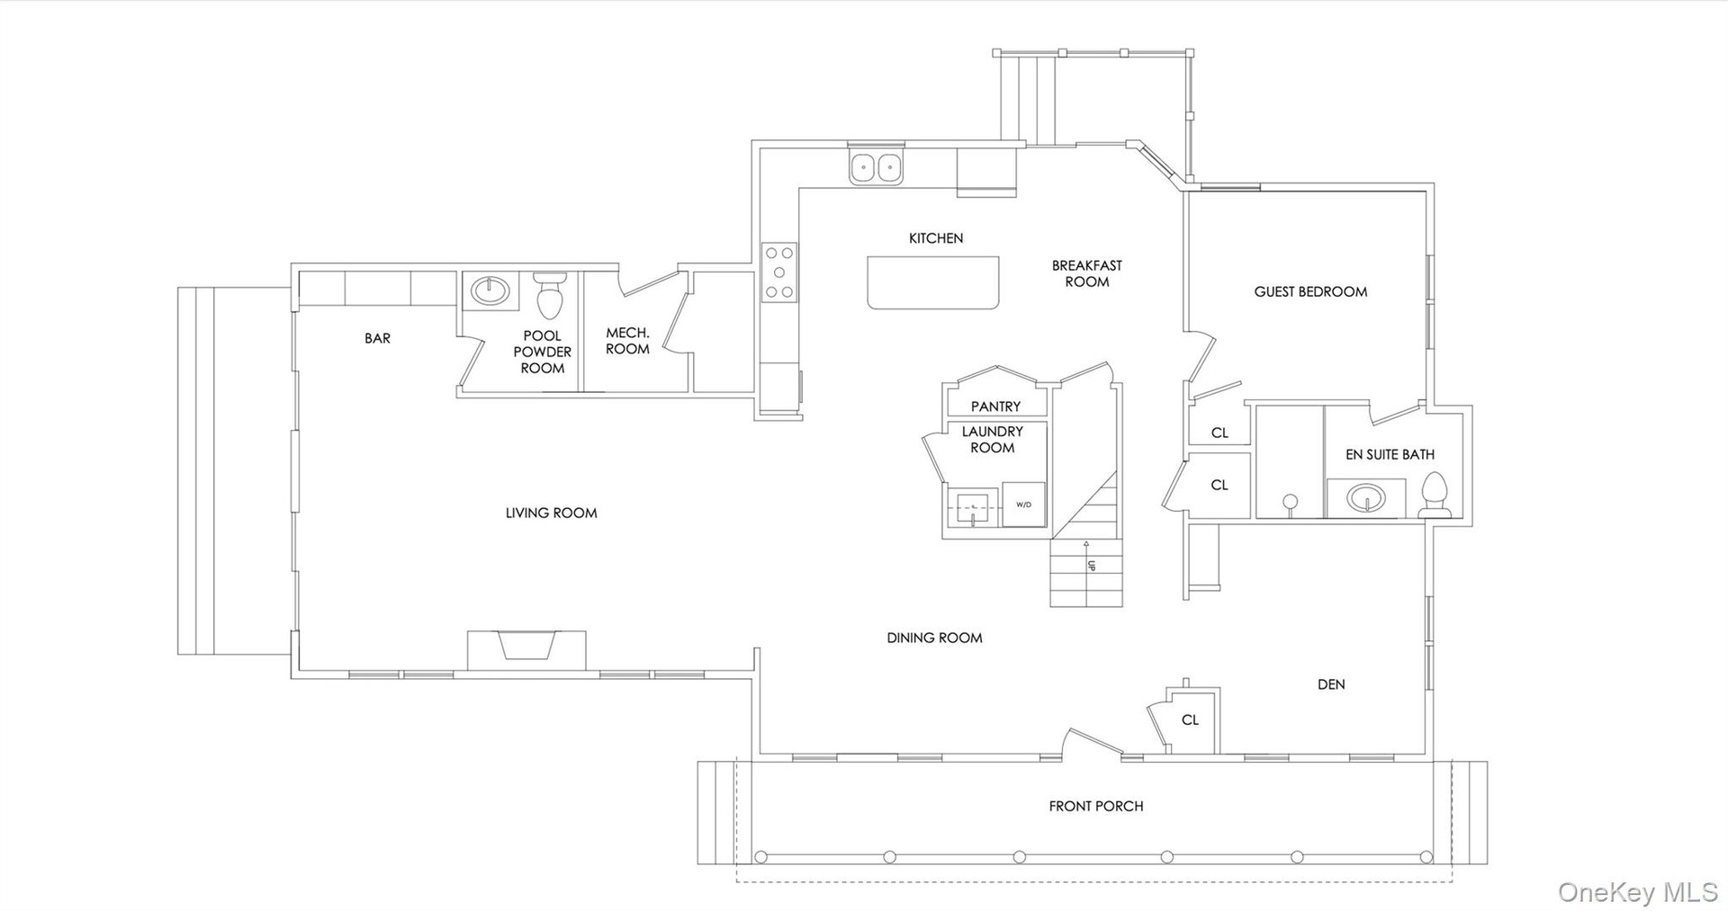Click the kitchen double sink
(x=877, y=167)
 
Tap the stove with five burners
(x=779, y=272)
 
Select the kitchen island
(x=933, y=283)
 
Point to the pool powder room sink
(x=490, y=290)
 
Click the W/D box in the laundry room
(x=1024, y=505)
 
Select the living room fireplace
(x=526, y=649)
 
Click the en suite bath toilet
(x=1435, y=496)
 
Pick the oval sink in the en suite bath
(x=1367, y=497)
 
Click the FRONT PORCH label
(x=1095, y=807)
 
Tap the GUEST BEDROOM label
(x=1310, y=291)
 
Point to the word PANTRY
(x=995, y=406)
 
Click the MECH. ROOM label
(x=627, y=341)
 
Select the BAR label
(x=377, y=338)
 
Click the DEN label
(x=1331, y=684)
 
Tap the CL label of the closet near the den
(x=1190, y=719)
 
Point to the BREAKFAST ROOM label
(x=1087, y=273)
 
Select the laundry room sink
(x=974, y=510)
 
